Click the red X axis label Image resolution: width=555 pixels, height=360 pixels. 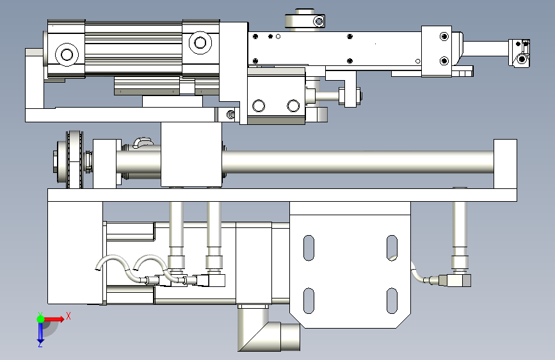click(68, 316)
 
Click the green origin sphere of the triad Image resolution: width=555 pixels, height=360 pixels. click(41, 319)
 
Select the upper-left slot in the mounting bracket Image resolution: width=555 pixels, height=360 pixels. click(309, 248)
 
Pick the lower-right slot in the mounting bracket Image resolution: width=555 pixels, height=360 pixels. click(392, 301)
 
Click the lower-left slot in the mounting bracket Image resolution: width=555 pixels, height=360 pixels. click(309, 301)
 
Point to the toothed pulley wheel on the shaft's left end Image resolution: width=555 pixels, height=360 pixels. click(74, 160)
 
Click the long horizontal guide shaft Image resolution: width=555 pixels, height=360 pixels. click(357, 162)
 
